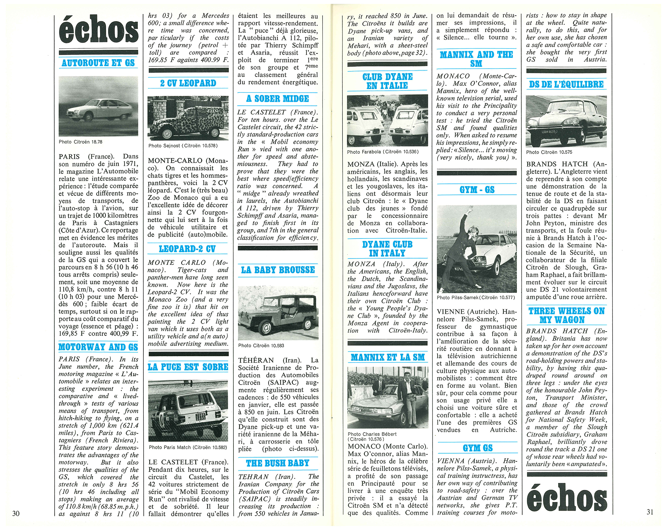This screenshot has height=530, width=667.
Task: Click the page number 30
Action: coord(16,513)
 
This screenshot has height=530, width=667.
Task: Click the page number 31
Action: coord(650,512)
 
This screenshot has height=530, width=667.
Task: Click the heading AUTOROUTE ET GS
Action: coord(98,63)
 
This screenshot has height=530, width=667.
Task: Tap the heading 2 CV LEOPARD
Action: coord(188,83)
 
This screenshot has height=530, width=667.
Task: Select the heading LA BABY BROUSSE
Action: coord(278,270)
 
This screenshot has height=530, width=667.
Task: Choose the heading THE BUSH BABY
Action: coord(277,463)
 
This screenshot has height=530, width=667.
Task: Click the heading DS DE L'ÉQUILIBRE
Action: coord(566,84)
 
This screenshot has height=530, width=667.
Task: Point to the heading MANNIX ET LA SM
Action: coord(388,358)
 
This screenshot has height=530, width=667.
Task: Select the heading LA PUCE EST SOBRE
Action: coord(188,367)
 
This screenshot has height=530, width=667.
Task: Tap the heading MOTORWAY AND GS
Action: coord(98,347)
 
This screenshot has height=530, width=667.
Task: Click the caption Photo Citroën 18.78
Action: coord(80,142)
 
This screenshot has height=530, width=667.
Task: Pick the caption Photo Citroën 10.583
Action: coord(261,346)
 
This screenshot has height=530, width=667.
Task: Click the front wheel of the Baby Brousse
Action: coord(266,328)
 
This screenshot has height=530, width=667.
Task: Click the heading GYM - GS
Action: coord(477,190)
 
